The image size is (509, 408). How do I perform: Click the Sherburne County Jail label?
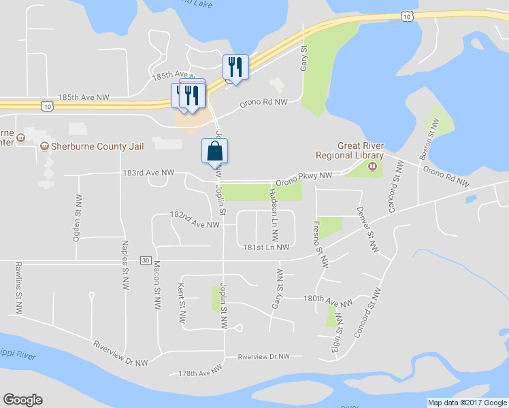click(88, 146)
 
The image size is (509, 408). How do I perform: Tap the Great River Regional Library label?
click(361, 150)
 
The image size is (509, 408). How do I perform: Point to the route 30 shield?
click(146, 260)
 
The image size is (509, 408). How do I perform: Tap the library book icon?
click(372, 166)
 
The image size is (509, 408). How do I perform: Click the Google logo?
click(22, 400)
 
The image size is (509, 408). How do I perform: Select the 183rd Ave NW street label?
click(149, 173)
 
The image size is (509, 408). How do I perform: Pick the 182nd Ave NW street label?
click(195, 219)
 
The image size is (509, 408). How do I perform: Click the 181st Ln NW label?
click(266, 247)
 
